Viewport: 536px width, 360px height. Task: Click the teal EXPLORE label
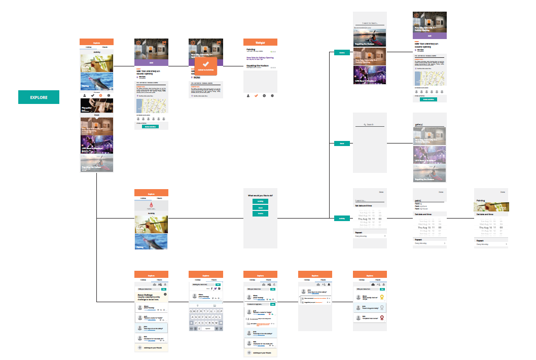tap(39, 97)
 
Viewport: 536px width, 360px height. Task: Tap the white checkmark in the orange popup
tap(205, 65)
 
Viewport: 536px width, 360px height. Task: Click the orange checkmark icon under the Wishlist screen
tap(257, 95)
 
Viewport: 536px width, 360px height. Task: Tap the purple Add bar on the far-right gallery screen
tap(430, 36)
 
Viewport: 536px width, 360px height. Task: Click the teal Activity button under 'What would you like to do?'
tap(260, 201)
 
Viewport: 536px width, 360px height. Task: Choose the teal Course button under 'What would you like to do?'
tap(260, 213)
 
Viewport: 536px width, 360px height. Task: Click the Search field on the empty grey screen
tap(370, 124)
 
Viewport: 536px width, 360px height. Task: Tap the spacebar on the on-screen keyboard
tap(208, 329)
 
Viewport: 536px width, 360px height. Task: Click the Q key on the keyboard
tap(191, 311)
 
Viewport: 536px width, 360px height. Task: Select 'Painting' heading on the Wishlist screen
tap(251, 49)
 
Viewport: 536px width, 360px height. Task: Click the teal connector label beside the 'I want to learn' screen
tap(342, 52)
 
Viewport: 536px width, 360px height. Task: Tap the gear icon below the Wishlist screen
tap(272, 95)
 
